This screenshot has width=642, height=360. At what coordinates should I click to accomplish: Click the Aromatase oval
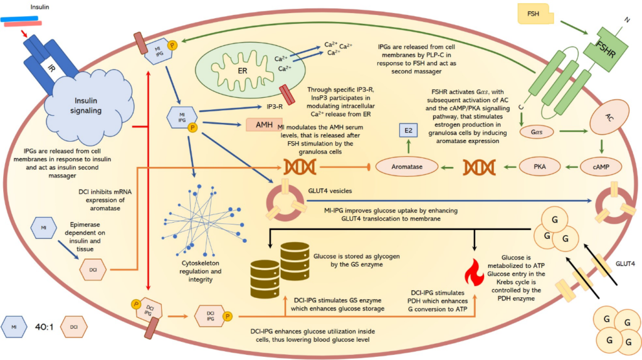pyautogui.click(x=407, y=167)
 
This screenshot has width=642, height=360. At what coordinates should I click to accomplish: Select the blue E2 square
pyautogui.click(x=408, y=131)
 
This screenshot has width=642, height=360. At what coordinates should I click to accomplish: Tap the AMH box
pyautogui.click(x=264, y=125)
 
